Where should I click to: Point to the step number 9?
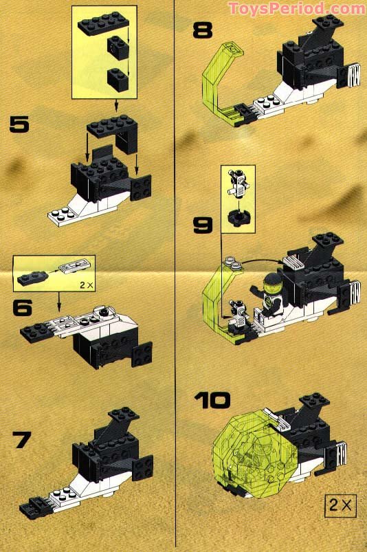[205, 224]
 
